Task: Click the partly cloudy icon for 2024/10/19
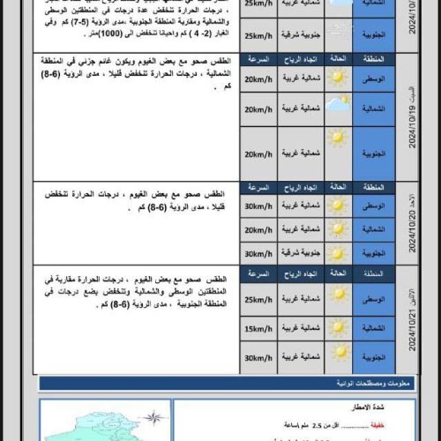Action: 336,108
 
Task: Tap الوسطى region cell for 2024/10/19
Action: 374,79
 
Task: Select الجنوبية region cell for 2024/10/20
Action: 374,253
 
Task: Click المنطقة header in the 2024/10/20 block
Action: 374,189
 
